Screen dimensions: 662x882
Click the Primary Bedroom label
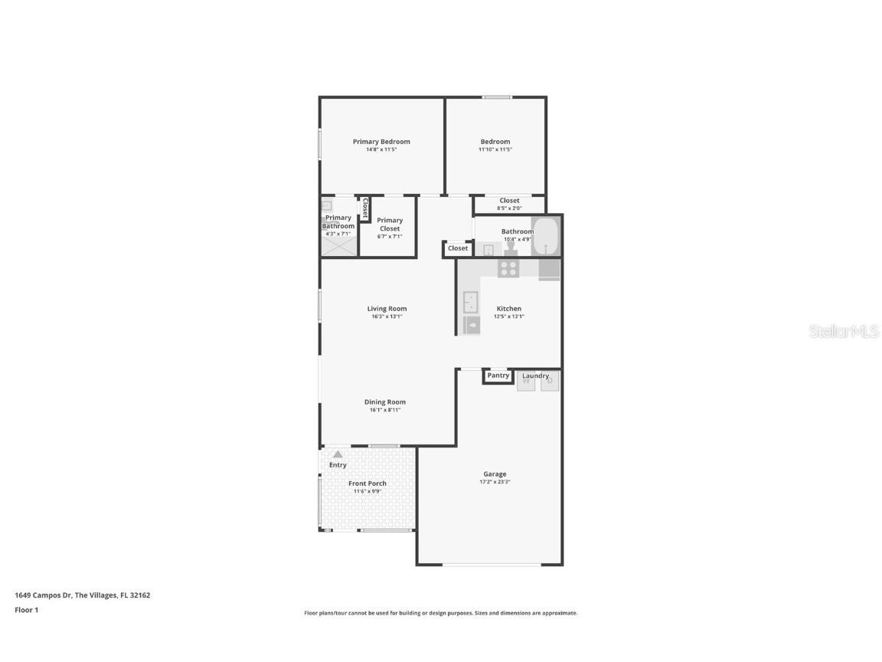pyautogui.click(x=381, y=141)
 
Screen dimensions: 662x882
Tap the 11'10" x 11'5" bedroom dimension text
pyautogui.click(x=495, y=149)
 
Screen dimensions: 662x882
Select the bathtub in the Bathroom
pyautogui.click(x=545, y=237)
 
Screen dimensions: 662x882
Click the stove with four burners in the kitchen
pyautogui.click(x=508, y=268)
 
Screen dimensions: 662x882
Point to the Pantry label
pyautogui.click(x=498, y=375)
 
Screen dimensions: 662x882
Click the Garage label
pyautogui.click(x=495, y=474)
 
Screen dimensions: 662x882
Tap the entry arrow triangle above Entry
pyautogui.click(x=338, y=454)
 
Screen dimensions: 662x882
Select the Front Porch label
pyautogui.click(x=367, y=483)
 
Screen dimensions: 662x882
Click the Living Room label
pyautogui.click(x=387, y=309)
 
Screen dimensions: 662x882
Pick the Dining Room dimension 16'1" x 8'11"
pyautogui.click(x=385, y=410)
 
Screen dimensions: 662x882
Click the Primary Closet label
pyautogui.click(x=390, y=224)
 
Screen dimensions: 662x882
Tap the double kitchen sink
pyautogui.click(x=470, y=302)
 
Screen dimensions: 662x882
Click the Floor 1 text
pyautogui.click(x=26, y=610)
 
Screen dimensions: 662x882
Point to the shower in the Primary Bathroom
pyautogui.click(x=338, y=245)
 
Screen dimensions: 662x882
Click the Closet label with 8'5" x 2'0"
pyautogui.click(x=509, y=201)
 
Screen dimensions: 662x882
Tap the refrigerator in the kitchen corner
pyautogui.click(x=549, y=269)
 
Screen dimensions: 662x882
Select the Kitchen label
pyautogui.click(x=509, y=309)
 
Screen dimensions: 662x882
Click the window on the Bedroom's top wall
pyautogui.click(x=496, y=97)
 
